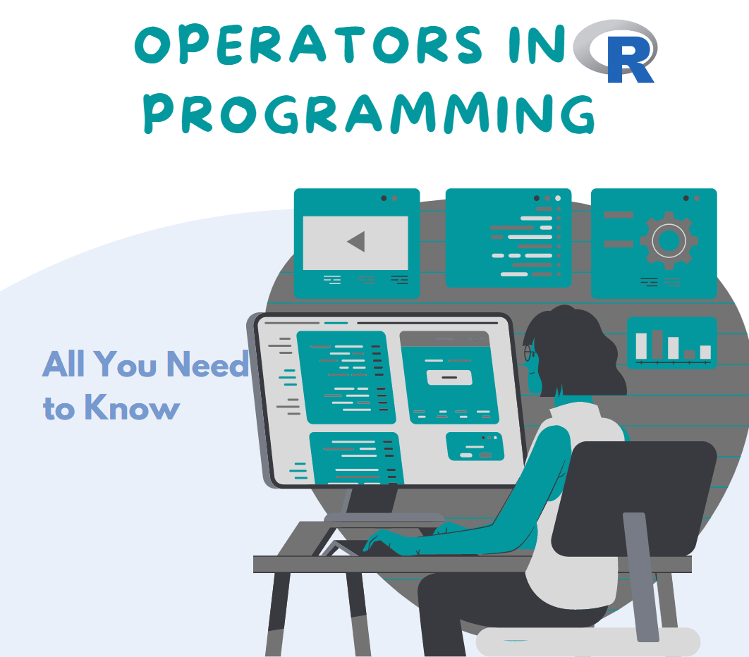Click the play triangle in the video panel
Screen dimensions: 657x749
coord(356,242)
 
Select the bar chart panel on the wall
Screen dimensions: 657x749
coord(671,343)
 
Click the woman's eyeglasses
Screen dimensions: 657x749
coord(529,350)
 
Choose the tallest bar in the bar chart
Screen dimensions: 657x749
coord(657,345)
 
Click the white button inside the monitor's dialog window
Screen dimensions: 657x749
coord(449,377)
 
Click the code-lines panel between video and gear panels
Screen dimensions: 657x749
coord(508,238)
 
